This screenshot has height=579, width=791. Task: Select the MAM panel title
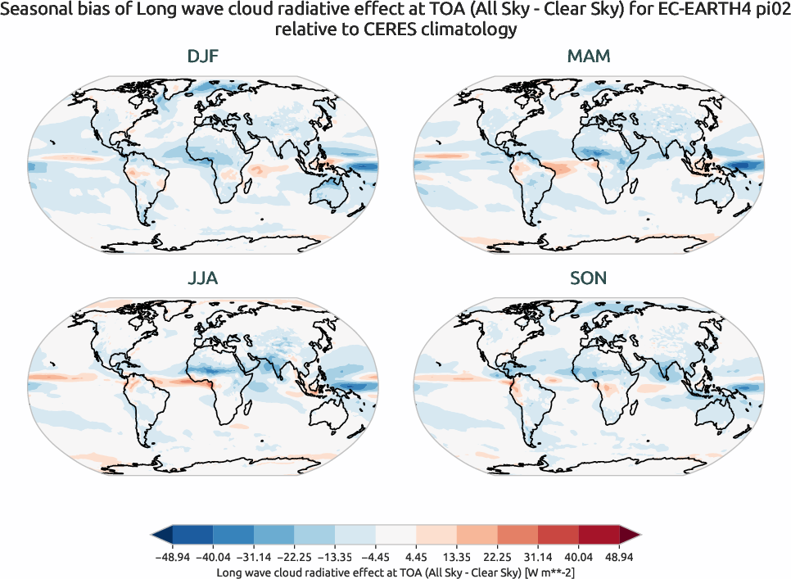click(588, 57)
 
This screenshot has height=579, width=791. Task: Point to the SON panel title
click(588, 278)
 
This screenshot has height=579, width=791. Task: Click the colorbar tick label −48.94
click(172, 557)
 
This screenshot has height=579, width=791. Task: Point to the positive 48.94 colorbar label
click(620, 557)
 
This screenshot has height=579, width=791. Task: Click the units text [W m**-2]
click(540, 572)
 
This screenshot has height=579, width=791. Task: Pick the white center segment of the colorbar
click(396, 536)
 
